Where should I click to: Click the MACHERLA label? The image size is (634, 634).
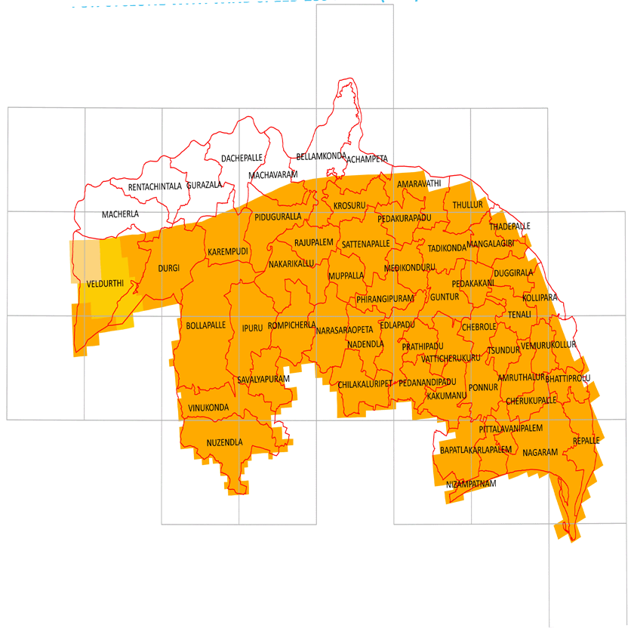pyautogui.click(x=120, y=214)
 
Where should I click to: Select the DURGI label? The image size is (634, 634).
pyautogui.click(x=168, y=268)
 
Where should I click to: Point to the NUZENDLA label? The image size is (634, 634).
pyautogui.click(x=225, y=443)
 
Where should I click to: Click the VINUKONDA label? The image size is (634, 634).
pyautogui.click(x=208, y=408)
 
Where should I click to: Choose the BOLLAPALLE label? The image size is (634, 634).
pyautogui.click(x=206, y=325)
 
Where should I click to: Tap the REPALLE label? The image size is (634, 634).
pyautogui.click(x=586, y=440)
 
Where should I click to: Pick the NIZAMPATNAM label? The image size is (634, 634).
pyautogui.click(x=471, y=484)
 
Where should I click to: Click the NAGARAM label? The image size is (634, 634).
pyautogui.click(x=540, y=452)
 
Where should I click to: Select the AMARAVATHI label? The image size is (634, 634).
pyautogui.click(x=419, y=183)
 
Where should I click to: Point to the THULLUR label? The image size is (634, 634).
pyautogui.click(x=467, y=205)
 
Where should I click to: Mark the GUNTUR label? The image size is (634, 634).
pyautogui.click(x=445, y=297)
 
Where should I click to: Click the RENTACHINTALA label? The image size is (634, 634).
pyautogui.click(x=155, y=186)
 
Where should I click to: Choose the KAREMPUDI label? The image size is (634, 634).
pyautogui.click(x=228, y=251)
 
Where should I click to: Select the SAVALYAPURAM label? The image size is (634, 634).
pyautogui.click(x=263, y=379)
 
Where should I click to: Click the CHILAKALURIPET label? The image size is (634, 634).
pyautogui.click(x=365, y=385)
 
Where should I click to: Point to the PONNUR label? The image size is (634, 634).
pyautogui.click(x=483, y=387)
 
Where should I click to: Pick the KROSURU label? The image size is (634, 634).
pyautogui.click(x=349, y=205)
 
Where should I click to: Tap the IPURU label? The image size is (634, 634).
pyautogui.click(x=252, y=328)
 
